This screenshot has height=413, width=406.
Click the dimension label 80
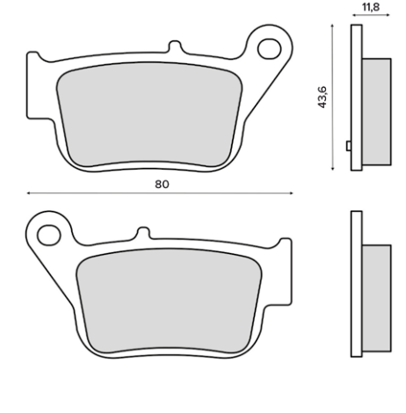pyautogui.click(x=161, y=184)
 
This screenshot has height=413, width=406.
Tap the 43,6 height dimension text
pyautogui.click(x=322, y=97)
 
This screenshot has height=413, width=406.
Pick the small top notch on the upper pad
pyautogui.click(x=175, y=44)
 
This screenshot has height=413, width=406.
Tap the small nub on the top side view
pyautogui.click(x=349, y=146)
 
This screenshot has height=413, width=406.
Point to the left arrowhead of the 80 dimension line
pyautogui.click(x=29, y=193)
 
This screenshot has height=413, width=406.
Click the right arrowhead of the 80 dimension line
pyautogui.click(x=294, y=193)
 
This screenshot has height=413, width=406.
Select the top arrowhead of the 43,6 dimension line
pyautogui.click(x=332, y=27)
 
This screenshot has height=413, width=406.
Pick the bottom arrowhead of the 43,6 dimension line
pyautogui.click(x=332, y=167)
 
